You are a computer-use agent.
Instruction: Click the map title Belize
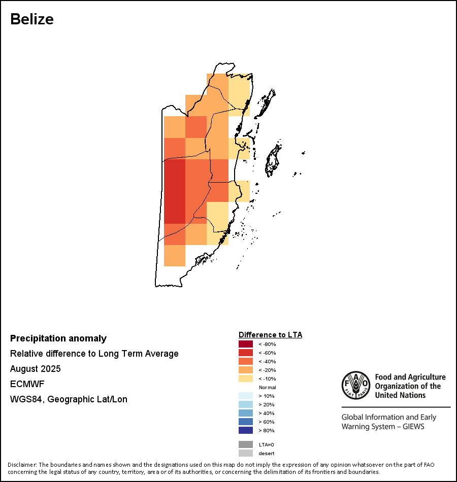point(32,19)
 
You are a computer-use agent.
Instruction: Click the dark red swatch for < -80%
point(246,344)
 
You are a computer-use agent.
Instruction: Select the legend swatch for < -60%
point(246,353)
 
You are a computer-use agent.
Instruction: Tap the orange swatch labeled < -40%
point(246,361)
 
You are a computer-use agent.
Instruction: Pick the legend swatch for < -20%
point(246,370)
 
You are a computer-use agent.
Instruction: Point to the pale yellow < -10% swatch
point(246,378)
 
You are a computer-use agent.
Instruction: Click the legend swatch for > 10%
point(246,396)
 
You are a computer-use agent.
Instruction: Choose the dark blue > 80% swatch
point(246,430)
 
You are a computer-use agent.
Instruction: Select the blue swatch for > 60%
point(246,422)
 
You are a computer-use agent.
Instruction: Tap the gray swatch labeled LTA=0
point(246,444)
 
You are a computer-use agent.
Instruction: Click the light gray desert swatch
point(246,453)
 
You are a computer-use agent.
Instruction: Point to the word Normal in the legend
point(267,387)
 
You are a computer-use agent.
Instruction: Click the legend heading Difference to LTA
point(270,335)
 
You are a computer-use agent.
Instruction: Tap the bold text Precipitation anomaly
point(58,338)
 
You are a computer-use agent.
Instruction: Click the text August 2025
point(36,369)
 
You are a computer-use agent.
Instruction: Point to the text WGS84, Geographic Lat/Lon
point(69,399)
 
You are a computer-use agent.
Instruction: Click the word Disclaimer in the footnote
point(22,465)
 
